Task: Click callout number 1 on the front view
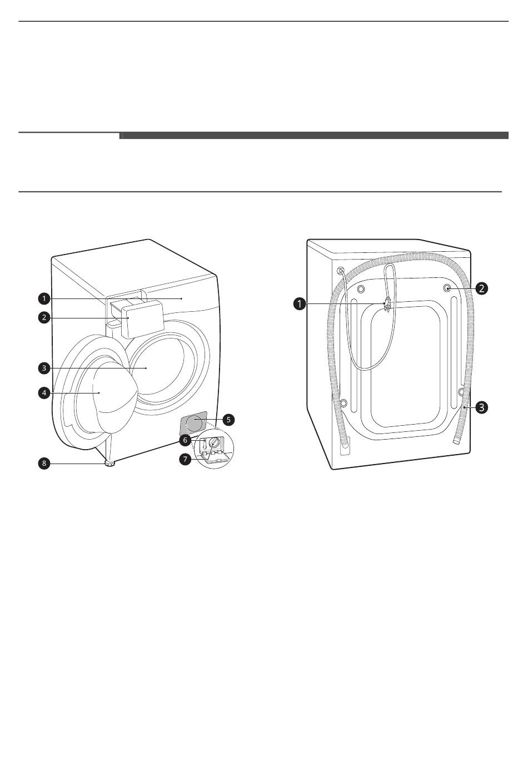click(x=43, y=298)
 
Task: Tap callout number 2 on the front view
click(x=43, y=318)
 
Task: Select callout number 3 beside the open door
click(x=43, y=368)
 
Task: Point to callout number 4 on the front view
click(x=43, y=393)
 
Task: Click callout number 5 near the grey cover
click(x=229, y=420)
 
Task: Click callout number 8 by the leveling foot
click(x=43, y=463)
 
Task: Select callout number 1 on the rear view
click(x=300, y=303)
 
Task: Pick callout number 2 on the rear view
click(x=481, y=288)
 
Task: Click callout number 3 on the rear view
click(x=481, y=407)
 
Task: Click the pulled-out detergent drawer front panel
click(x=142, y=318)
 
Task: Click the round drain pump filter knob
click(x=214, y=443)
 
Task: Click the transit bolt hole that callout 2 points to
click(x=447, y=288)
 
